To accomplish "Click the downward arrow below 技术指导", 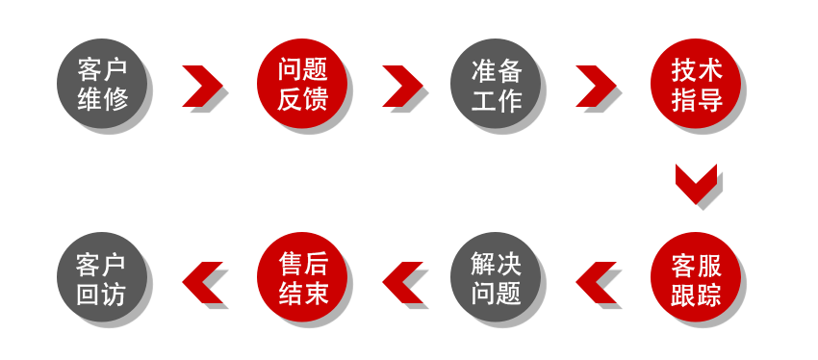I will pyautogui.click(x=698, y=186).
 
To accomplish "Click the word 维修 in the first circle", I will pyautogui.click(x=104, y=100).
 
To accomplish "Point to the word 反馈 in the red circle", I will pyautogui.click(x=304, y=100).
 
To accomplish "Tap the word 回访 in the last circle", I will pyautogui.click(x=103, y=294).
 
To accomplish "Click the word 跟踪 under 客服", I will pyautogui.click(x=697, y=294).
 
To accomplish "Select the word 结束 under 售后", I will pyautogui.click(x=304, y=294).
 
